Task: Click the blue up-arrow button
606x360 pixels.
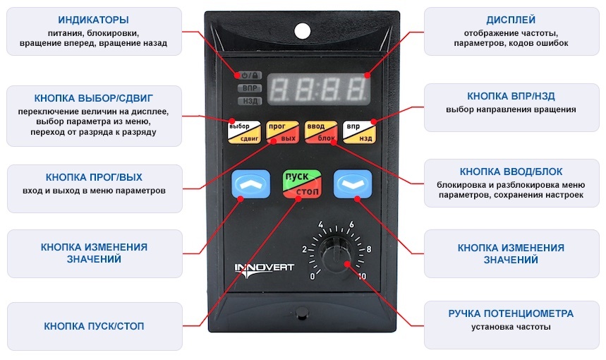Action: coord(250,184)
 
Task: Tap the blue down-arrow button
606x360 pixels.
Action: coord(353,184)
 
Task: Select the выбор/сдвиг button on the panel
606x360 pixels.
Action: coord(244,132)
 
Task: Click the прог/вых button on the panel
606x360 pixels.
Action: coord(282,132)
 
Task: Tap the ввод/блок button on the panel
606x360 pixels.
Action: coord(321,132)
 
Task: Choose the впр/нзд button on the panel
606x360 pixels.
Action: coord(359,132)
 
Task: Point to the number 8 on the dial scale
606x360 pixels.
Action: coord(369,249)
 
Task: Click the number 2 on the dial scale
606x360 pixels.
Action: coord(304,249)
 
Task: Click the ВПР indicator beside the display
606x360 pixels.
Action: coord(250,88)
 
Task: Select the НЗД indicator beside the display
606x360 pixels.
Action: coord(250,101)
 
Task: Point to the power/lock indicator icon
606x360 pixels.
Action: coord(250,76)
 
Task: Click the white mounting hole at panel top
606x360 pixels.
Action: coord(302,31)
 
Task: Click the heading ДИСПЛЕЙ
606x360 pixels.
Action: coord(511,20)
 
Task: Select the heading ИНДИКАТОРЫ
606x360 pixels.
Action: coord(94,20)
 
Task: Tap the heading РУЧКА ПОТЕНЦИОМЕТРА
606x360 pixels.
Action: coord(511,313)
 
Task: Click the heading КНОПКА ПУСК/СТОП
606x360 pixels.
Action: coord(94,326)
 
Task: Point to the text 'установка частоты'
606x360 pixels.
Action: coord(511,327)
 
